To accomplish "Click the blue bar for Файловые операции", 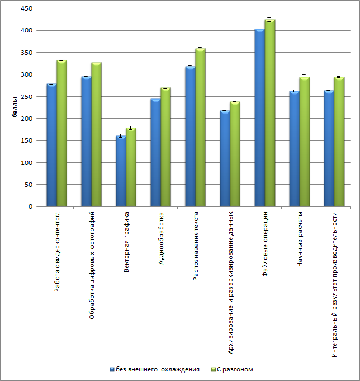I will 259,117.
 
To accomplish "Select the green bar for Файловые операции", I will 270,112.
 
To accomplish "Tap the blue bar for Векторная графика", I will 121,171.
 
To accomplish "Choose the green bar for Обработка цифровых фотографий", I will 97,134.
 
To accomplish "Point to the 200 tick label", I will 27,119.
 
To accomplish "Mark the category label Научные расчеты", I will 300,239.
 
